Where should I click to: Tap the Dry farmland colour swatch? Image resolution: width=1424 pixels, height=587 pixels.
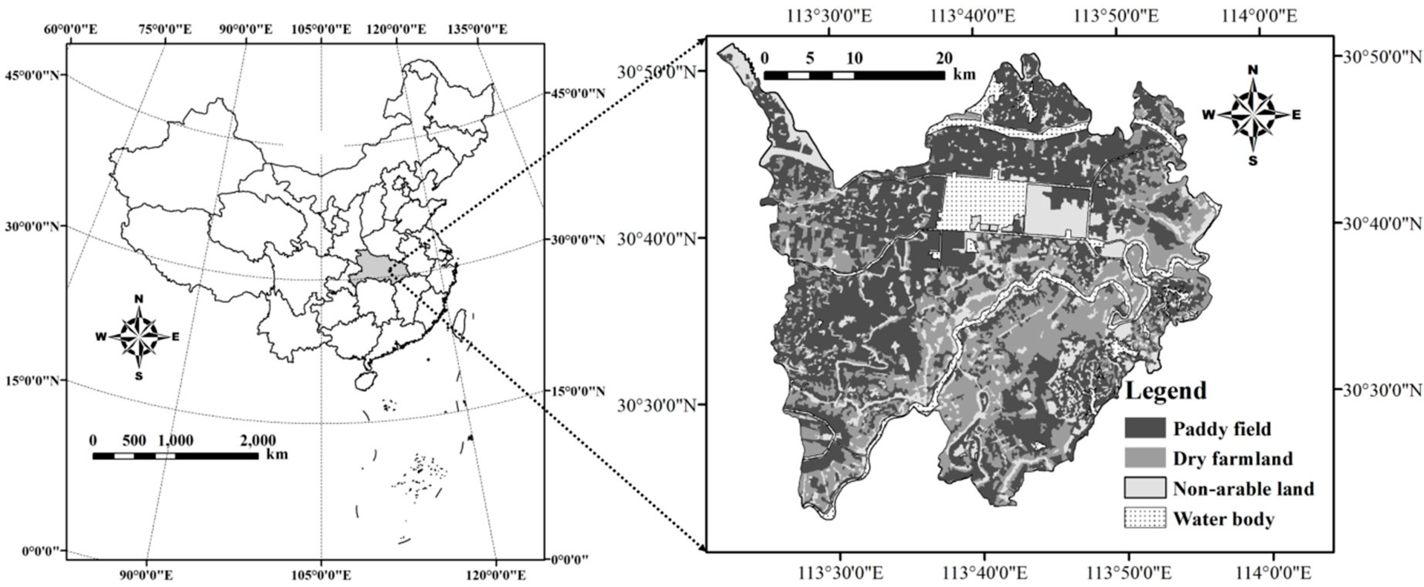(1145, 458)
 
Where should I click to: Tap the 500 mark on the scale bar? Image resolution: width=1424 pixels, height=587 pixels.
(134, 441)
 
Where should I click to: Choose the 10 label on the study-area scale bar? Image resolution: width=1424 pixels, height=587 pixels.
(854, 58)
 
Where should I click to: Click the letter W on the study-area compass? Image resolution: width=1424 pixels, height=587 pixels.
(1209, 115)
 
